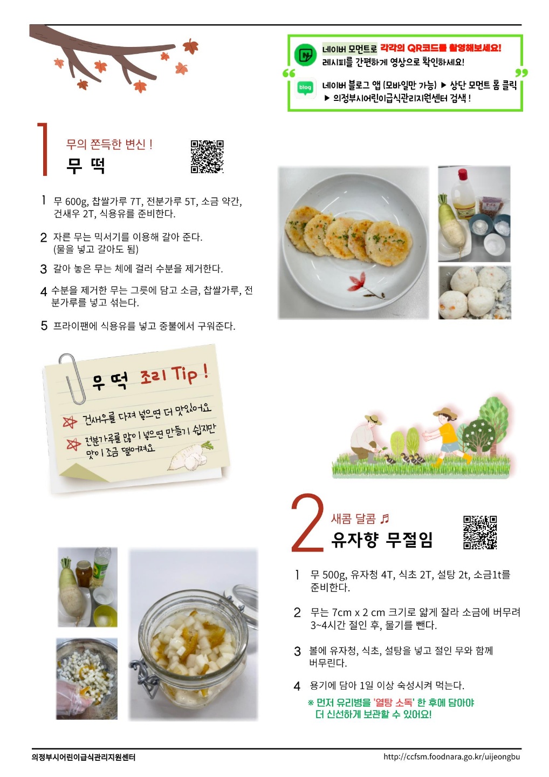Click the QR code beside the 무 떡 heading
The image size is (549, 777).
tap(207, 156)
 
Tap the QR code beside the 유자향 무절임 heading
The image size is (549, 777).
tap(479, 533)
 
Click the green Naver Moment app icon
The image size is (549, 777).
tap(305, 54)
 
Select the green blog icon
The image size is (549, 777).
tap(305, 88)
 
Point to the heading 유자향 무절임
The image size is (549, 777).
tap(382, 540)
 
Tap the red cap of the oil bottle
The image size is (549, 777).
tap(463, 174)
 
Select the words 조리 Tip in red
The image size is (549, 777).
tap(169, 376)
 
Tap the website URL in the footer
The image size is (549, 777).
tap(451, 756)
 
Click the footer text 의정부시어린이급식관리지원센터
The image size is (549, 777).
tap(83, 757)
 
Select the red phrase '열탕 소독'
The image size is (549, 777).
tap(394, 703)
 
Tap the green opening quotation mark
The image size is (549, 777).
tap(289, 73)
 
